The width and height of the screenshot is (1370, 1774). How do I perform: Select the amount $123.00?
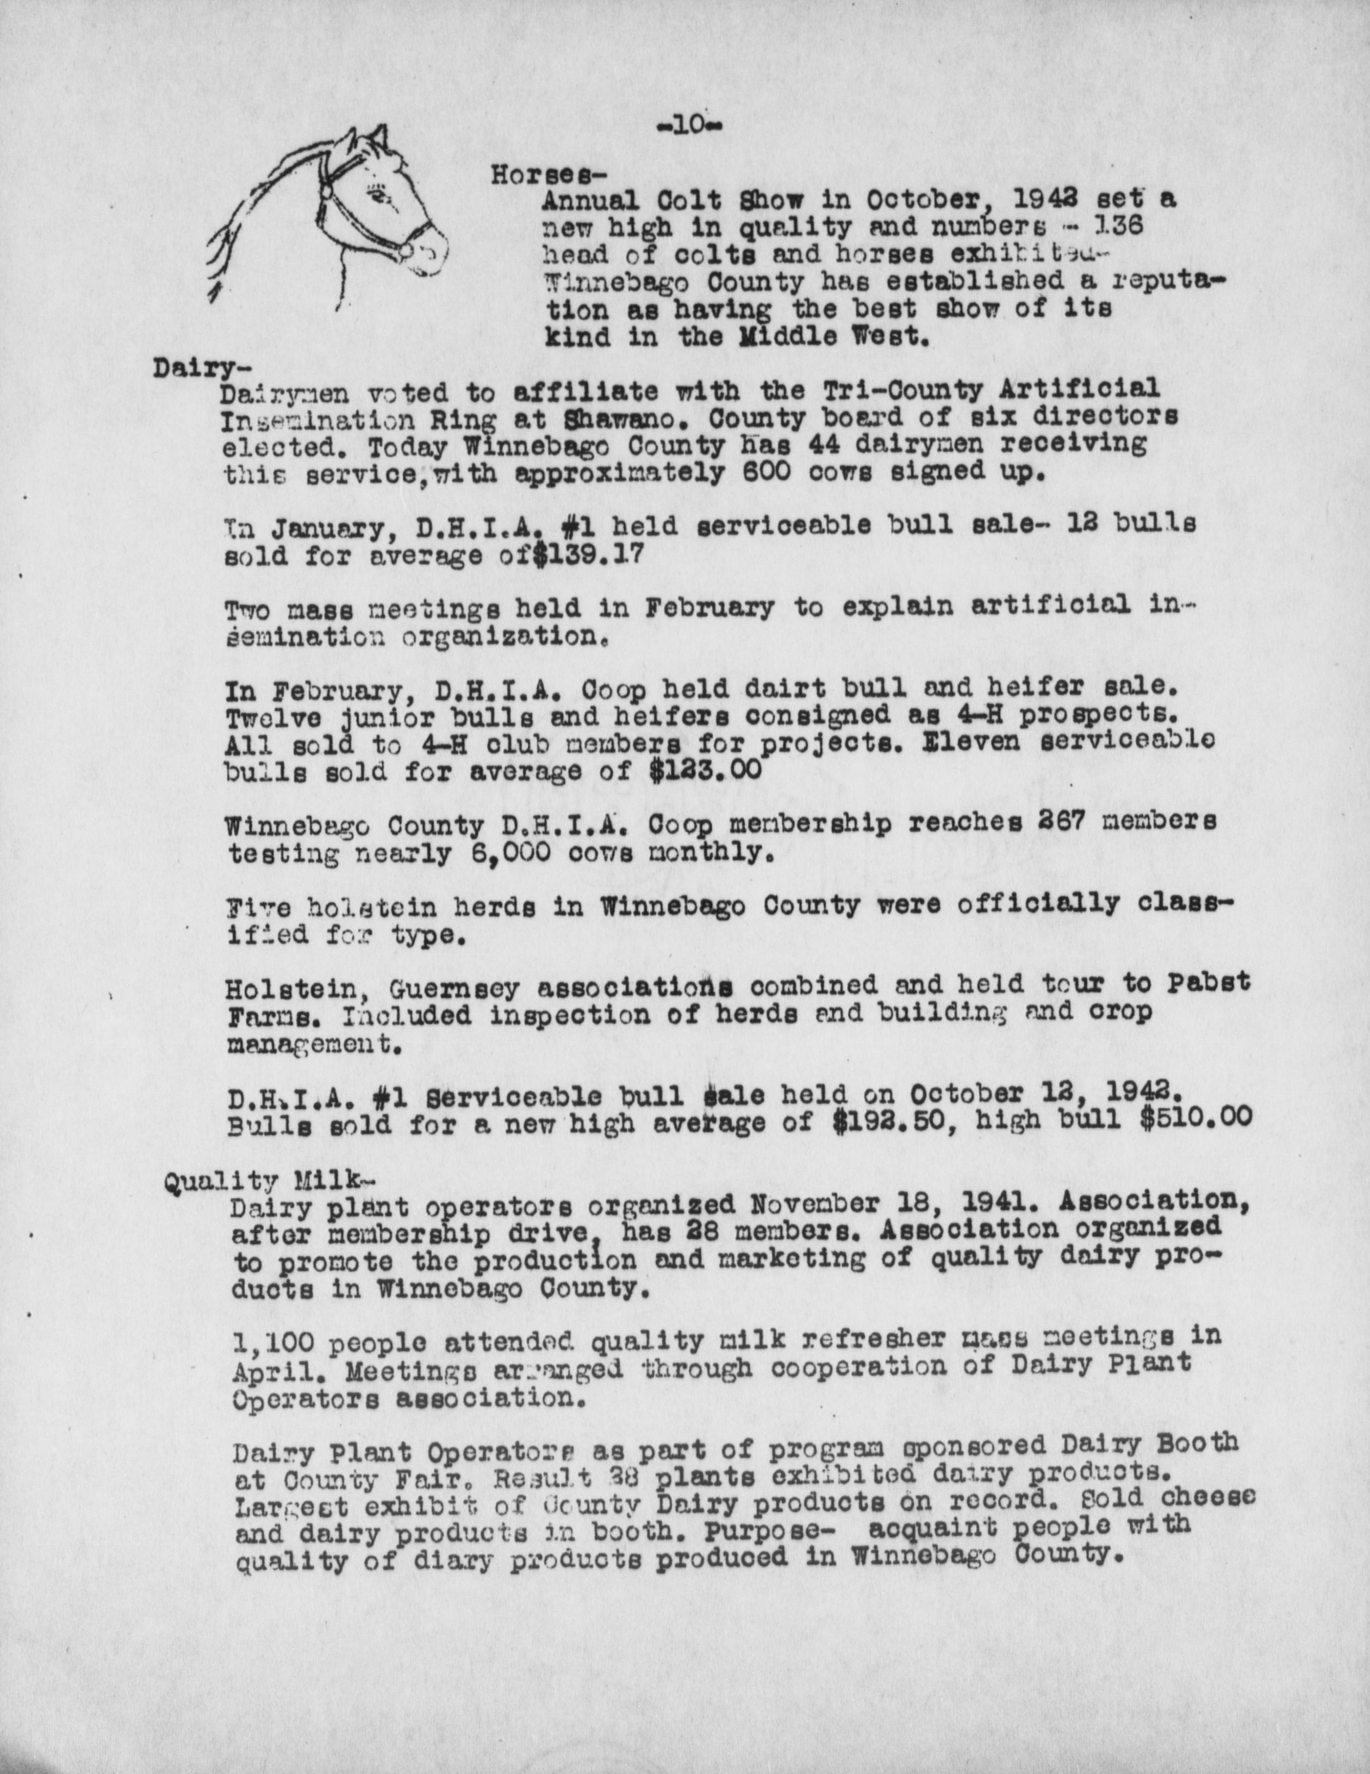click(706, 769)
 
